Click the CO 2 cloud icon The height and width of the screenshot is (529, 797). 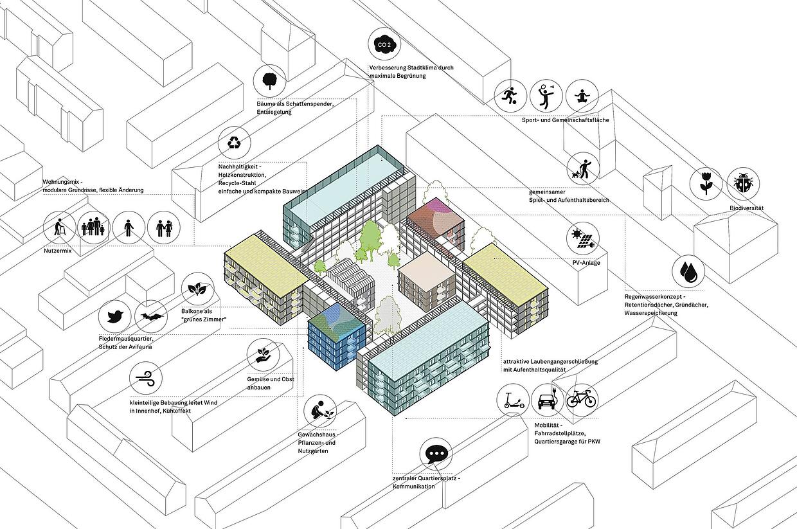coord(384,44)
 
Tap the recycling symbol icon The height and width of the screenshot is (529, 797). coord(234,143)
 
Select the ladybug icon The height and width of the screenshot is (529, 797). coord(743,184)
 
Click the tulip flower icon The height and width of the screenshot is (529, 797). coord(706,184)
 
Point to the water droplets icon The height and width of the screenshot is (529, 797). coord(688,271)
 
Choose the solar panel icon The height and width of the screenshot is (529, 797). coord(583,238)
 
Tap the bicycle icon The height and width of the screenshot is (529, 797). coord(581,400)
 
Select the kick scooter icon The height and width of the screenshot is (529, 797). coord(514,400)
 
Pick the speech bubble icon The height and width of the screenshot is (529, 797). coord(436,454)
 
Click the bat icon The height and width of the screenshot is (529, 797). coord(151,316)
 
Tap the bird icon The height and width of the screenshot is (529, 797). coord(115,316)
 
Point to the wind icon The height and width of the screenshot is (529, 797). coord(146,378)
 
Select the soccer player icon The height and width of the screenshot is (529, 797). coord(510,96)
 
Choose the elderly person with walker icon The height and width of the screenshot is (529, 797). coord(59,228)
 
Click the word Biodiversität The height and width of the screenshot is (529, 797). coord(746,208)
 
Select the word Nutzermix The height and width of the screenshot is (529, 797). coord(58,251)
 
